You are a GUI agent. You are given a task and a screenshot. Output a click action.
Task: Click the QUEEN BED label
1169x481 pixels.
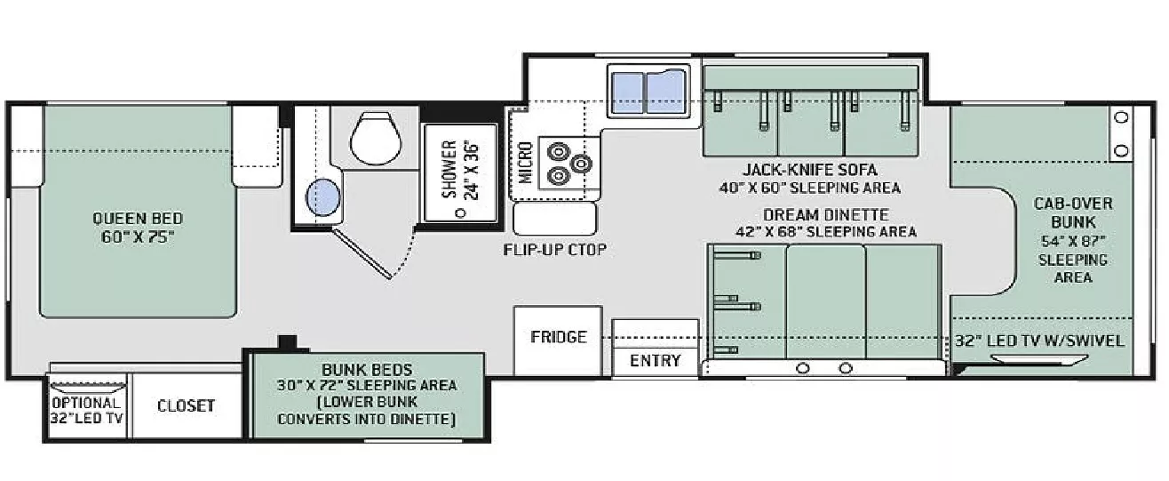click(x=138, y=218)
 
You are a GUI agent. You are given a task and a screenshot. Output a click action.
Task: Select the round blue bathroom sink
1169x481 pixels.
click(x=323, y=196)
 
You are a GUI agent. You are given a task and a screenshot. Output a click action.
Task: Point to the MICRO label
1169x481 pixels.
click(x=525, y=162)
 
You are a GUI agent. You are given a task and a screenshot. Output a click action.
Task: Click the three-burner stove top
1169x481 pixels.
click(x=567, y=162)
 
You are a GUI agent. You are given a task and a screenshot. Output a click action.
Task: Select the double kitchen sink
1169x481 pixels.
click(x=647, y=91)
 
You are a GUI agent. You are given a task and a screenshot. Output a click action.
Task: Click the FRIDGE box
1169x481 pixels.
click(x=559, y=337)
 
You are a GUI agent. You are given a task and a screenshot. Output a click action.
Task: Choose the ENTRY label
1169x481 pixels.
click(x=655, y=360)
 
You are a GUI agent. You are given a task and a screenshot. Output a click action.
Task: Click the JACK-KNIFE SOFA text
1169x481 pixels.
click(x=809, y=169)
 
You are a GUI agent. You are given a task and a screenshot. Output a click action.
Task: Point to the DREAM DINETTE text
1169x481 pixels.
click(x=825, y=214)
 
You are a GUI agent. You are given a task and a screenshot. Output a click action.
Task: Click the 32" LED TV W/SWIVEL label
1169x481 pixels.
click(x=1039, y=341)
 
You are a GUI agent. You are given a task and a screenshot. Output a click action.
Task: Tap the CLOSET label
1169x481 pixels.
click(x=187, y=405)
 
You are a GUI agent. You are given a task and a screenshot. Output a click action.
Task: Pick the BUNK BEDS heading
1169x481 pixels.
click(x=368, y=369)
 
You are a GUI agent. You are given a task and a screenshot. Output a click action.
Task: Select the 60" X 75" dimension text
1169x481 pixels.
click(x=138, y=238)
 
